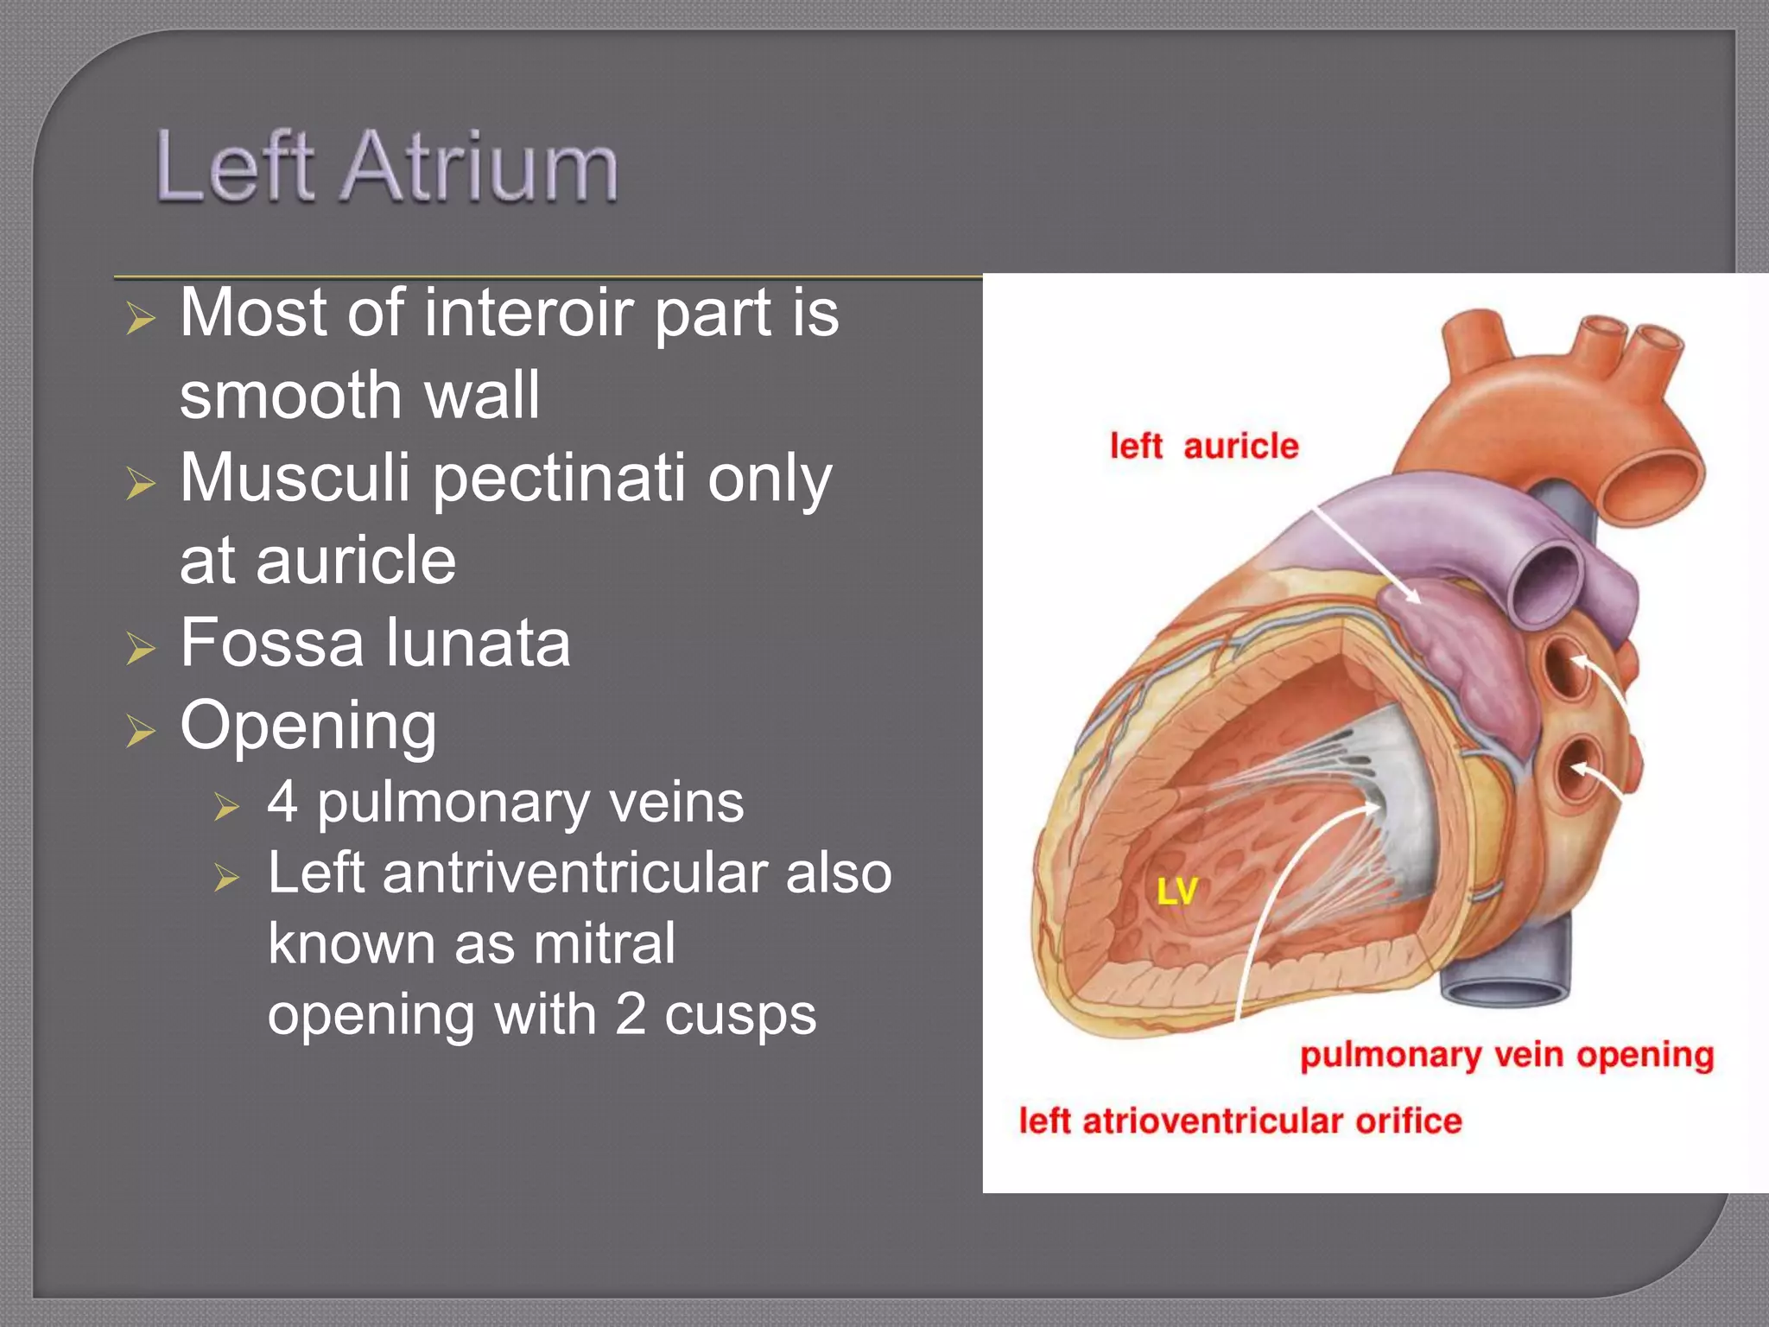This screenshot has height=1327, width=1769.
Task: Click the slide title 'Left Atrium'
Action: click(x=386, y=167)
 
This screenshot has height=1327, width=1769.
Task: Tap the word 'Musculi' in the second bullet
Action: click(x=295, y=478)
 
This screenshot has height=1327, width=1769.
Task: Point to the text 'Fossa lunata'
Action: click(x=375, y=643)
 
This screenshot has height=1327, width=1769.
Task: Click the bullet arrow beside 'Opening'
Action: click(x=140, y=730)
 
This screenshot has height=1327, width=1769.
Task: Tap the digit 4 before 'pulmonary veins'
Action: click(x=282, y=802)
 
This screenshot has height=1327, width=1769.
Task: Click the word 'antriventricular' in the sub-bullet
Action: click(x=574, y=873)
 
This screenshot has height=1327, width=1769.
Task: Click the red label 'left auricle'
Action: click(x=1204, y=447)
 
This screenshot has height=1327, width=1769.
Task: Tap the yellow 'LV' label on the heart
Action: click(x=1177, y=891)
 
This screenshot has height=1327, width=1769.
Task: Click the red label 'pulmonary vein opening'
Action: click(x=1506, y=1056)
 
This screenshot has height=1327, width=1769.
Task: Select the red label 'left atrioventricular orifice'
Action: click(x=1240, y=1121)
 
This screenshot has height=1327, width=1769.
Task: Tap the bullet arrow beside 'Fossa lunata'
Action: click(x=140, y=648)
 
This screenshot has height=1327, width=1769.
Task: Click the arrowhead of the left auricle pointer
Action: click(x=1414, y=598)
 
